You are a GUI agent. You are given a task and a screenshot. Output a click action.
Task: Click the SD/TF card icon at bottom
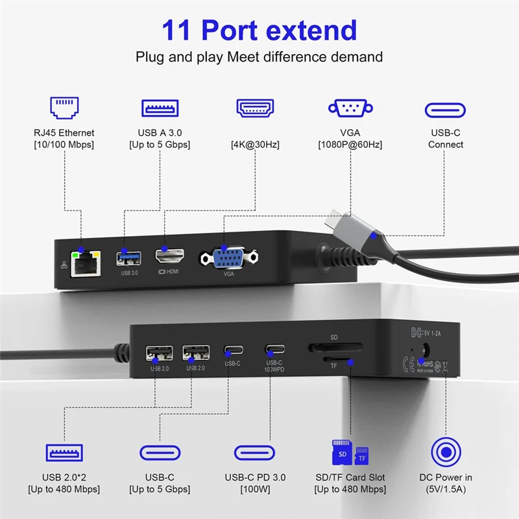350,452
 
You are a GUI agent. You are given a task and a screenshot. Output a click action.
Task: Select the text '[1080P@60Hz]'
350,144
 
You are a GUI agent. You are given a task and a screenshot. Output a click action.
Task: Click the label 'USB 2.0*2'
64,477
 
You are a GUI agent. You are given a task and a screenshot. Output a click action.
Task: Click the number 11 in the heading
177,30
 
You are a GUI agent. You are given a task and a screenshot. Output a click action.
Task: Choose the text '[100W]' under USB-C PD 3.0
255,490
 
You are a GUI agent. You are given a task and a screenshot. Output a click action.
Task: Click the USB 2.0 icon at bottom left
64,452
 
